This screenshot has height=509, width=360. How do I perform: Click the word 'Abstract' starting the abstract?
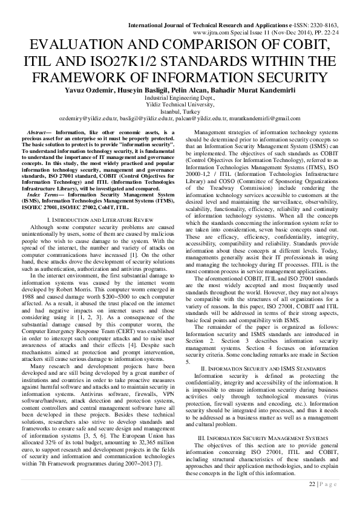41,132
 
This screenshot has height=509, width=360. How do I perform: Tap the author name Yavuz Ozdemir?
90,90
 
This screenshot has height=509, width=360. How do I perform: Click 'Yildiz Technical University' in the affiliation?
179,104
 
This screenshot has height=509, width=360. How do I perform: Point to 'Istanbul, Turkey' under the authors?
180,111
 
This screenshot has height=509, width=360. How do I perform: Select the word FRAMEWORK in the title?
88,77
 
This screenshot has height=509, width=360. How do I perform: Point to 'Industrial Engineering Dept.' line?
179,97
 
